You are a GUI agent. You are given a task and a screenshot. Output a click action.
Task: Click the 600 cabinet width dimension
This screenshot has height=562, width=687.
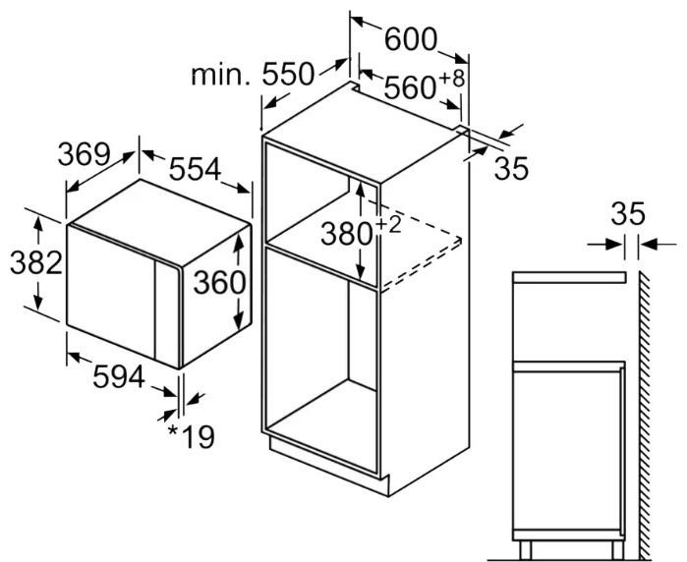point(411,40)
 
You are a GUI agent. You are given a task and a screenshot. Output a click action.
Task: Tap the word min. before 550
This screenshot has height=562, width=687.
point(220,76)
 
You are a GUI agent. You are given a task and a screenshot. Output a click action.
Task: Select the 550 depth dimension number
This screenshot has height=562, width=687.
point(288,74)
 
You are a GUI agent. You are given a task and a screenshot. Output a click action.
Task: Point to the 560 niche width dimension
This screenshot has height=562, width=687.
point(410,87)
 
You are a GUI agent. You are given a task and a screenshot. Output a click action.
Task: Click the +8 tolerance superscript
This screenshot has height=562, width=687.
point(451,79)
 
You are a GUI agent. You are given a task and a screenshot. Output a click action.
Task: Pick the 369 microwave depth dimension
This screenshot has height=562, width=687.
point(84,154)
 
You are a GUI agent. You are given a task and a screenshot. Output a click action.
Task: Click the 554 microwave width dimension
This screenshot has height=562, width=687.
point(195,170)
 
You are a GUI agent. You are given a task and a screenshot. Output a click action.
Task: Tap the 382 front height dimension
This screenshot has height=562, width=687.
point(36,262)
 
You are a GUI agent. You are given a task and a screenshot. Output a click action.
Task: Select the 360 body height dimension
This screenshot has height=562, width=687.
point(219,283)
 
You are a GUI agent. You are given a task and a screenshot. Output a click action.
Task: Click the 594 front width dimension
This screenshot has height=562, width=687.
point(118,376)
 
